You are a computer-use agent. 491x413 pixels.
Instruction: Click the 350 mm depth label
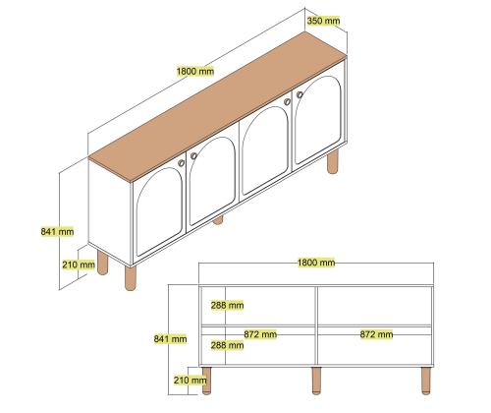[x=323, y=21]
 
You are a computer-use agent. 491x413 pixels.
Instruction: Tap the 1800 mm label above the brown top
[x=195, y=71]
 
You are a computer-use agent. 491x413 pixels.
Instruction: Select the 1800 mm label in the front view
[x=316, y=263]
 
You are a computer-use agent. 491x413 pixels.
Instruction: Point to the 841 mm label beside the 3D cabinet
[x=57, y=232]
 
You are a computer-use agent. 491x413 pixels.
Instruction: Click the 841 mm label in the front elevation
[x=170, y=338]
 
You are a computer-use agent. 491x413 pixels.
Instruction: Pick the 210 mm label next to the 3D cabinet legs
[x=79, y=265]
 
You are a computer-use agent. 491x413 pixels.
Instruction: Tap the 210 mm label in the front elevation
[x=190, y=381]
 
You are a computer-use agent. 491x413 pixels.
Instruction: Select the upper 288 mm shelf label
[x=227, y=306]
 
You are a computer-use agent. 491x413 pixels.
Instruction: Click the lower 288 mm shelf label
[x=227, y=345]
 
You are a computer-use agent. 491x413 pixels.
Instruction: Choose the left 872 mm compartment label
[x=260, y=334]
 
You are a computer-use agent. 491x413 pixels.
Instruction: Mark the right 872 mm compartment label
[x=376, y=334]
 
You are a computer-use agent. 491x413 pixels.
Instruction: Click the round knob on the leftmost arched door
[x=182, y=163]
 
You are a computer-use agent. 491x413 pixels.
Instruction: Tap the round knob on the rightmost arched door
[x=300, y=94]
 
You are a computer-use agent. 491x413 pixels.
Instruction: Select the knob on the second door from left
[x=193, y=155]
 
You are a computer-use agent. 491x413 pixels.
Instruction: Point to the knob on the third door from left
[x=287, y=102]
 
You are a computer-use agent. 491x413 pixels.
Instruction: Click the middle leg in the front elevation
[x=316, y=381]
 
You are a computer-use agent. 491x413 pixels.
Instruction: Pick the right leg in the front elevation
[x=426, y=381]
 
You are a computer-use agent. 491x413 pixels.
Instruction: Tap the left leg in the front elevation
[x=206, y=381]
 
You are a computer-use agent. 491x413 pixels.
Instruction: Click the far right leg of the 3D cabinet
[x=333, y=161]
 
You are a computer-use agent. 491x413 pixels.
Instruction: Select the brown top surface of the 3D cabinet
[x=218, y=106]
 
